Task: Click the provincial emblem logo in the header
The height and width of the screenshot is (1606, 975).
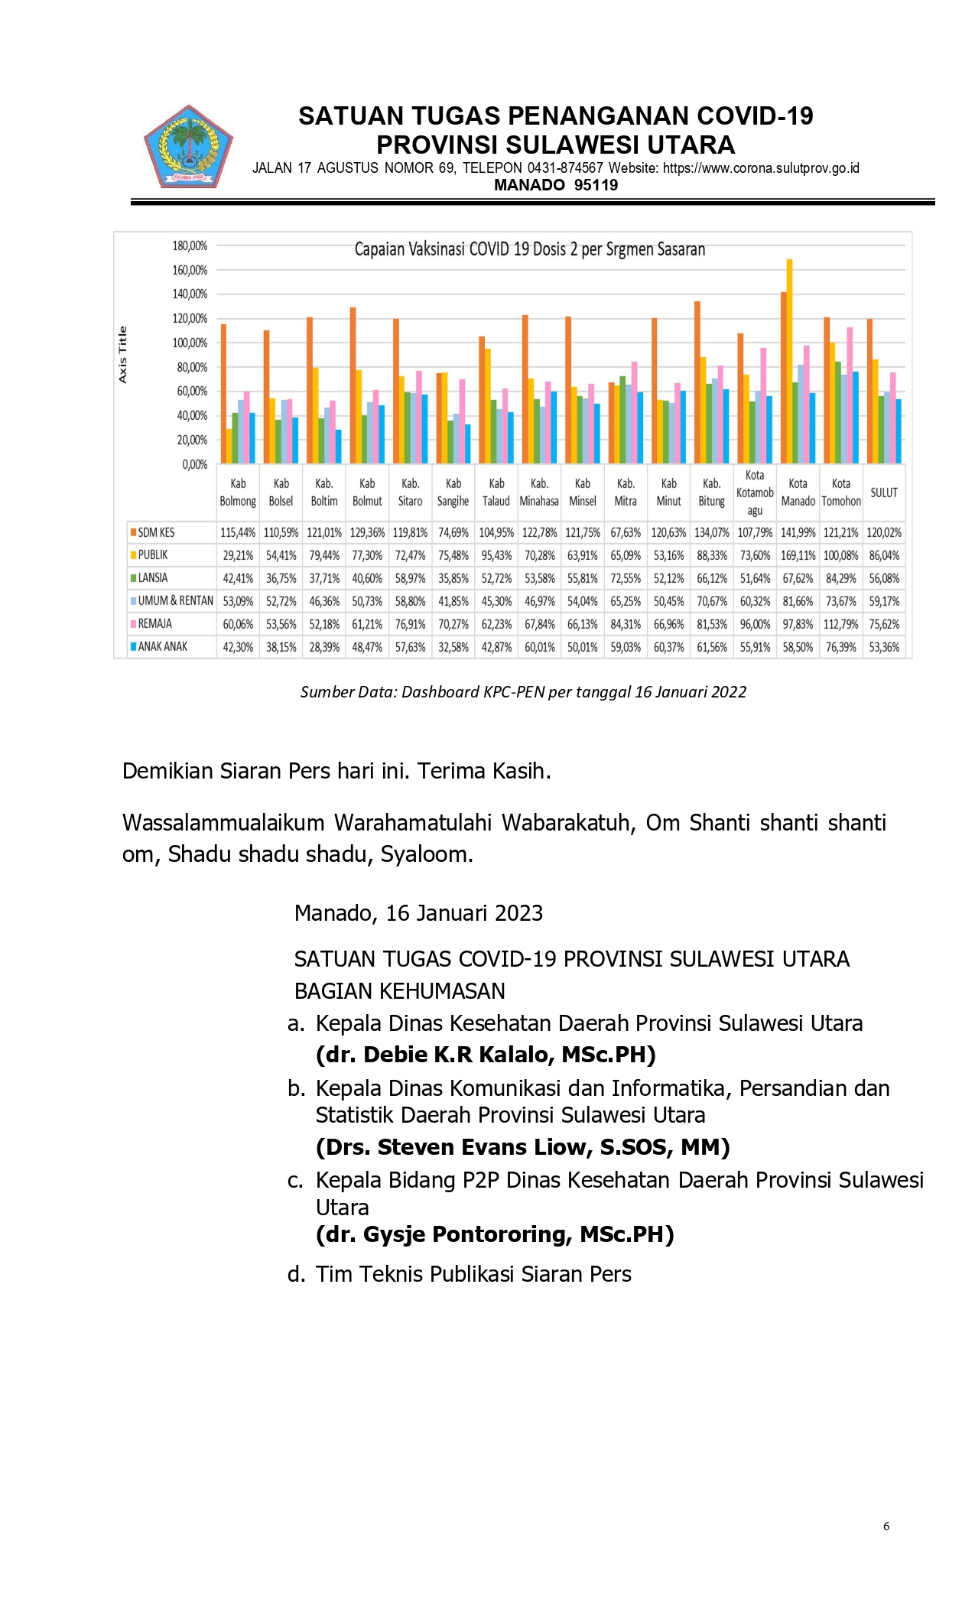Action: (x=188, y=148)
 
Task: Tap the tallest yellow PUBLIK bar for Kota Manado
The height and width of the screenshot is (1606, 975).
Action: (x=789, y=359)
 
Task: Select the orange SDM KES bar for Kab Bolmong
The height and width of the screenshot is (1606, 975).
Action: (x=223, y=394)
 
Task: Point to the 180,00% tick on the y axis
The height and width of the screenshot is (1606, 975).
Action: (x=190, y=245)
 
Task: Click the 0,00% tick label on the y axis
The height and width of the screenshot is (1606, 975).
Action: (x=194, y=464)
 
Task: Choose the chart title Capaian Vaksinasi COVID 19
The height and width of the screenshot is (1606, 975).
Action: (x=529, y=249)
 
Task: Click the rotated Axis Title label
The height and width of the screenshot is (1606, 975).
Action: (x=123, y=354)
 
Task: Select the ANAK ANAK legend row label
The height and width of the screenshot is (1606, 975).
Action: (x=162, y=647)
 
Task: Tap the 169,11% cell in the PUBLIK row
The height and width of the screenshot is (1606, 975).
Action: (x=798, y=555)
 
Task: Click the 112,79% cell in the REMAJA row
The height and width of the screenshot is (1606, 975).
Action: (x=840, y=624)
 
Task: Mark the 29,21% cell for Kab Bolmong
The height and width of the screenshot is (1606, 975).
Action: (x=238, y=555)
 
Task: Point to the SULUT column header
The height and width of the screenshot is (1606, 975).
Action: (x=883, y=493)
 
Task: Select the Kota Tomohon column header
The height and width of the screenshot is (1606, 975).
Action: (x=840, y=493)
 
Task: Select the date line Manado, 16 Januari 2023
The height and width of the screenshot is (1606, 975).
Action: (x=418, y=913)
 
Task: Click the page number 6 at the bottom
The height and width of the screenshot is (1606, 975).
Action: (x=886, y=1526)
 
